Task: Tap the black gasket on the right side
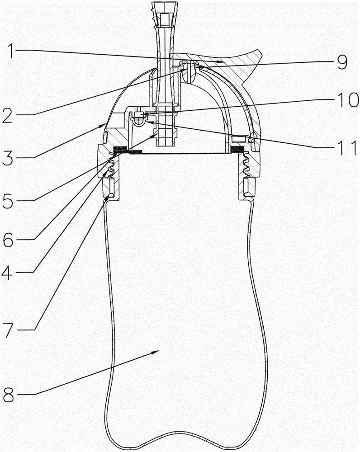pyautogui.click(x=237, y=149)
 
